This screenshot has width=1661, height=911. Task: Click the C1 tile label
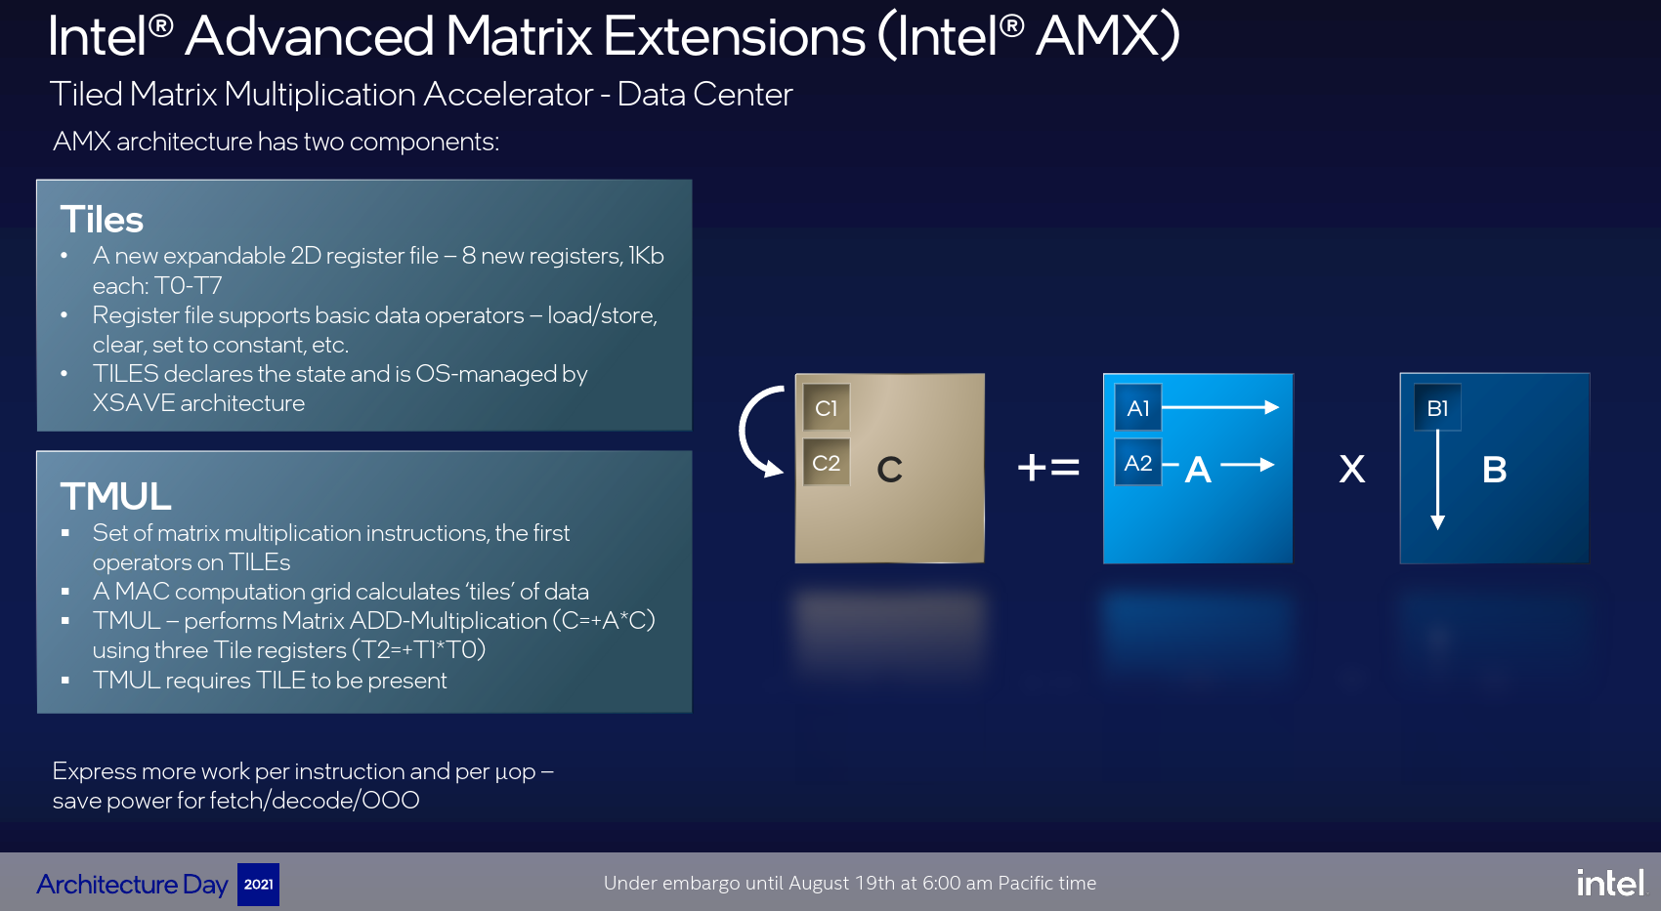(x=826, y=408)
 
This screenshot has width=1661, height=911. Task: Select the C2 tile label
(x=826, y=463)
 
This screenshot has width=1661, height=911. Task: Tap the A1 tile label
(x=1138, y=408)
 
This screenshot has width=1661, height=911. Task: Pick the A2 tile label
(x=1138, y=463)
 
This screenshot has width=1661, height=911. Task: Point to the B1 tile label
(x=1438, y=408)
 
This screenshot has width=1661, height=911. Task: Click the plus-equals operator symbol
(x=1048, y=468)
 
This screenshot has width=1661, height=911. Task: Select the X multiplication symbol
(x=1352, y=470)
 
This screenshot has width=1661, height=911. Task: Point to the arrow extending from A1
(x=1220, y=407)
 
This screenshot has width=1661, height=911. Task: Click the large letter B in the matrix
(x=1494, y=470)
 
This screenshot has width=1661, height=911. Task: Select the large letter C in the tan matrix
(x=890, y=470)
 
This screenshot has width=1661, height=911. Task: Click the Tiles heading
(x=102, y=220)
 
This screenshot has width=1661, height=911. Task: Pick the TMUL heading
(x=115, y=496)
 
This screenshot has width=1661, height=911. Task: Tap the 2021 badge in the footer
(x=258, y=885)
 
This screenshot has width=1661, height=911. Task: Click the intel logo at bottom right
(x=1610, y=882)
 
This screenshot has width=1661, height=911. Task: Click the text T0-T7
(x=189, y=286)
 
